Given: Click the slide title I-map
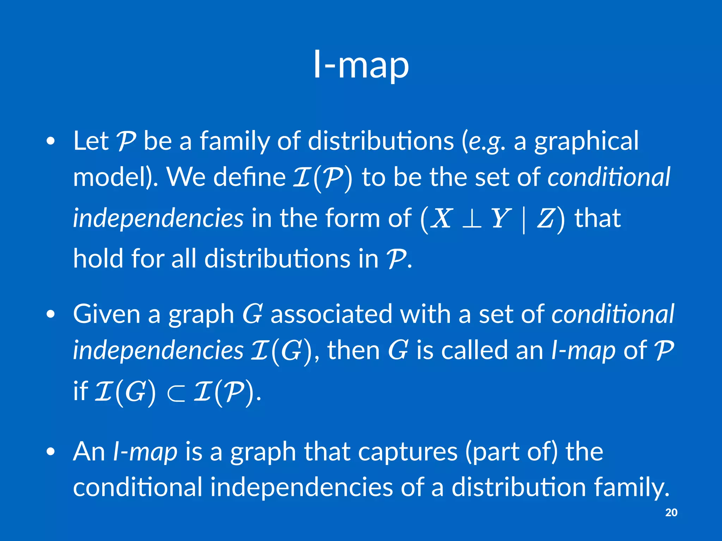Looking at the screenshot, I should [x=361, y=65].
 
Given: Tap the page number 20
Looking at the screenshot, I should [x=671, y=512].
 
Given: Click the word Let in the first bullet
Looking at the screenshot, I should [x=91, y=141].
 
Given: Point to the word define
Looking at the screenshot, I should [x=249, y=177].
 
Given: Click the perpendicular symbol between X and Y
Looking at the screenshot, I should [x=471, y=219].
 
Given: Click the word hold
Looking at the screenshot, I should [x=98, y=259].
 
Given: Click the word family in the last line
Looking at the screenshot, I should [x=631, y=488].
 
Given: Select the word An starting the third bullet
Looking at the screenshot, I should [x=89, y=452].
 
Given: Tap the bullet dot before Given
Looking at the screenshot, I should [x=51, y=314].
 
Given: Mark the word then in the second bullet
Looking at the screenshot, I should [x=354, y=350].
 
